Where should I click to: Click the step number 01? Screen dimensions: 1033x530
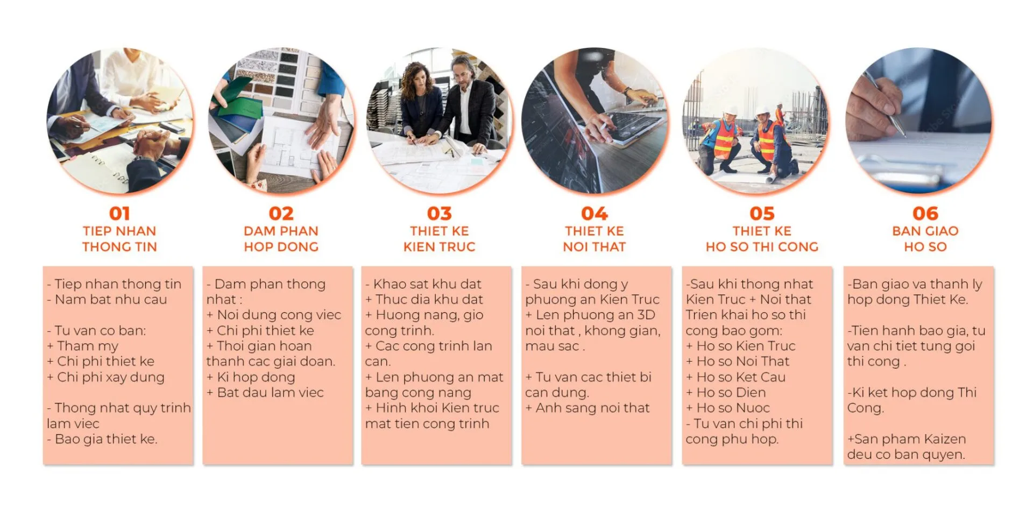pyautogui.click(x=119, y=214)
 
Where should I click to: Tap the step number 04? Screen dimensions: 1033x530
pyautogui.click(x=595, y=214)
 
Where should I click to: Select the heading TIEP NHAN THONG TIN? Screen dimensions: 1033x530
pyautogui.click(x=119, y=239)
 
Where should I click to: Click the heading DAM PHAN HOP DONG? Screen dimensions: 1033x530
pyautogui.click(x=281, y=239)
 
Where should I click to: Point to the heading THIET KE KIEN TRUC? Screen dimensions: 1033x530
pyautogui.click(x=440, y=239)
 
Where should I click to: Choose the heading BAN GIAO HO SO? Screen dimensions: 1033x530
pyautogui.click(x=925, y=239)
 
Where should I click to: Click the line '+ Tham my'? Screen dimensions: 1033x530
pyautogui.click(x=83, y=346)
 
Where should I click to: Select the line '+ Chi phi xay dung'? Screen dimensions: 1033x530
pyautogui.click(x=105, y=377)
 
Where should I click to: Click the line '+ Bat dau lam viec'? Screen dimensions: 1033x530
pyautogui.click(x=265, y=392)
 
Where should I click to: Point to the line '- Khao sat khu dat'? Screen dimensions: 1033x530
pyautogui.click(x=423, y=284)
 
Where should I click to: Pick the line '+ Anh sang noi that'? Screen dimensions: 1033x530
pyautogui.click(x=588, y=408)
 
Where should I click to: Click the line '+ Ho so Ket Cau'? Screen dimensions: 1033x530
pyautogui.click(x=736, y=377)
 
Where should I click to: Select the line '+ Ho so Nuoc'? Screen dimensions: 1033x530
pyautogui.click(x=728, y=408)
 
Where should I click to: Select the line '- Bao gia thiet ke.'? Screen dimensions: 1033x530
pyautogui.click(x=102, y=439)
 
